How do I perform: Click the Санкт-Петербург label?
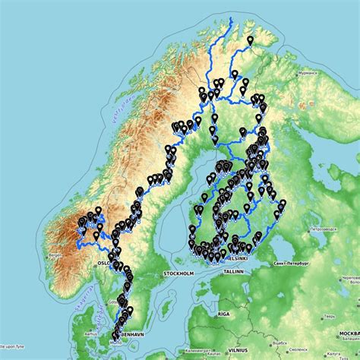click(286, 263)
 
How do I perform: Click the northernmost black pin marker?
click(251, 39)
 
